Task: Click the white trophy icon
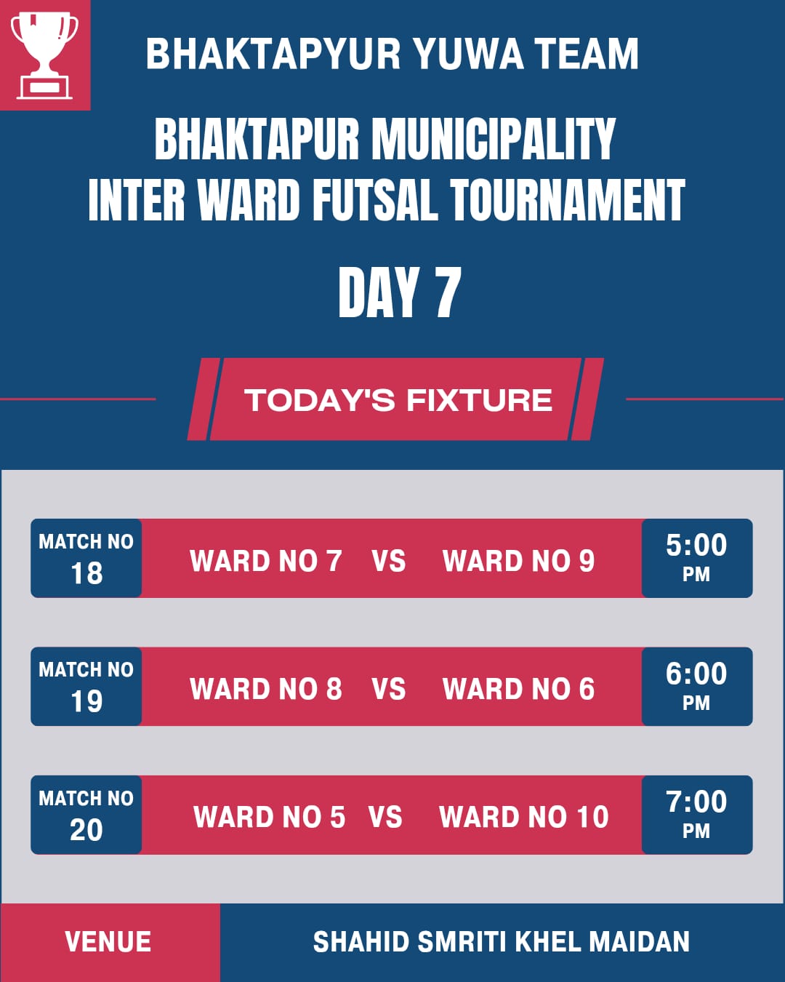tap(44, 55)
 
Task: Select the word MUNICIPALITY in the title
tap(494, 138)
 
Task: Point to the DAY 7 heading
tap(400, 292)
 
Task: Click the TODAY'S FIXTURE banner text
tap(398, 400)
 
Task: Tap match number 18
tap(86, 573)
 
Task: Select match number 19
tap(86, 701)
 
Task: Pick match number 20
tap(86, 829)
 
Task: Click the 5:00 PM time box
tap(697, 558)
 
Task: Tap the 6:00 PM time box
tap(697, 686)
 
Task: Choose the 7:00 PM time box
tap(697, 815)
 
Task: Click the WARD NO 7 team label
tap(266, 561)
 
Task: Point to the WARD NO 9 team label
tap(519, 561)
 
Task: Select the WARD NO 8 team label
tap(266, 689)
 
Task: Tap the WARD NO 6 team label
tap(519, 689)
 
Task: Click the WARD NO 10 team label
tap(524, 818)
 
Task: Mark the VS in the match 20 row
tap(385, 818)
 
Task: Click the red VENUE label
tap(108, 942)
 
